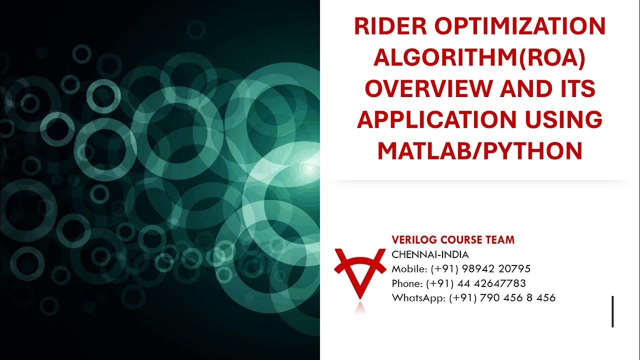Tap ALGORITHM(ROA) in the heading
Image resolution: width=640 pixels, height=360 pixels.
[479, 58]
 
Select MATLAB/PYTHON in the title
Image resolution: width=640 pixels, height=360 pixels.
[479, 151]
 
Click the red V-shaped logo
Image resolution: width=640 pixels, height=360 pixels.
[359, 272]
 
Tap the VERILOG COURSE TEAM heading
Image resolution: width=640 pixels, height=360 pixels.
[452, 240]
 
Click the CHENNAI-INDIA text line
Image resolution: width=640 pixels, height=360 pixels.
[430, 254]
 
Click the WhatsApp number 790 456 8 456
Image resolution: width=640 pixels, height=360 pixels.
[520, 298]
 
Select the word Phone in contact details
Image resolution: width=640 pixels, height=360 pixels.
[406, 283]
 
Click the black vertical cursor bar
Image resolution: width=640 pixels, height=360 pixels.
[612, 311]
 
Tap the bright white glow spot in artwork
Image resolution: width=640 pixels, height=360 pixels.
[309, 168]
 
